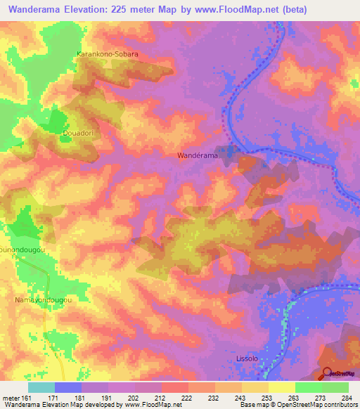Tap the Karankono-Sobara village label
click(108, 53)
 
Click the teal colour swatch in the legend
click(41, 387)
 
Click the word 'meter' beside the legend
click(10, 397)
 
